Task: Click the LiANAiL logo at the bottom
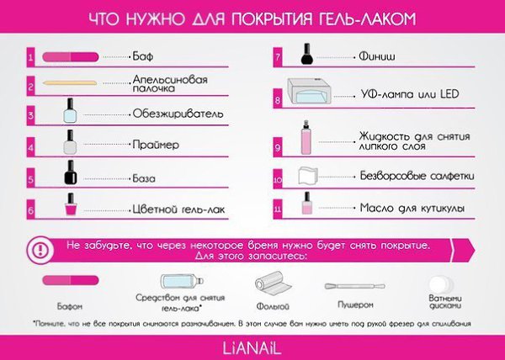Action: click(x=252, y=348)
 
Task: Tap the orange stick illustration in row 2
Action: click(x=70, y=82)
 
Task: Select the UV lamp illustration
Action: click(x=309, y=91)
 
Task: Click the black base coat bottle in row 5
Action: click(x=71, y=172)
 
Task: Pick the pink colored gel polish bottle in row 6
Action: click(x=71, y=204)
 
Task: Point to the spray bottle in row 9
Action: click(x=306, y=137)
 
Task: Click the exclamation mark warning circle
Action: click(x=40, y=250)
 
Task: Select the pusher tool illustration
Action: click(x=354, y=286)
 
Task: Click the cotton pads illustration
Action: click(x=440, y=284)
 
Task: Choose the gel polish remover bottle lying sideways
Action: click(x=183, y=281)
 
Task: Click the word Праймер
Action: click(x=156, y=145)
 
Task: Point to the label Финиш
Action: click(x=377, y=56)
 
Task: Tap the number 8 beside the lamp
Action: click(x=277, y=101)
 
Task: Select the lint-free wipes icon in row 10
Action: click(x=307, y=176)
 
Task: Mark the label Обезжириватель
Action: click(x=178, y=114)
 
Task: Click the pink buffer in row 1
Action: click(x=70, y=57)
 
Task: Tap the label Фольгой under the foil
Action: click(x=273, y=306)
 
